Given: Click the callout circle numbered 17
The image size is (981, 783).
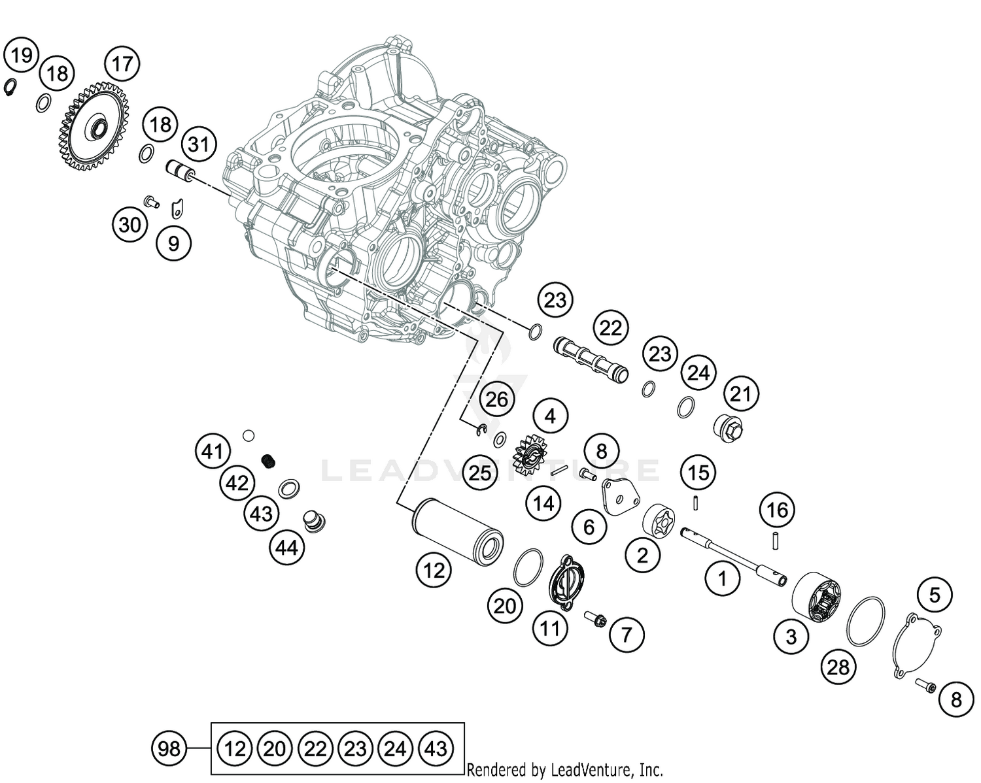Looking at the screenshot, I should pos(122,64).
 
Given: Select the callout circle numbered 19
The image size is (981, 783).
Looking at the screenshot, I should pos(22,55).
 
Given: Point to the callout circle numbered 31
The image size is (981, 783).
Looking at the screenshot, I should pos(199,144).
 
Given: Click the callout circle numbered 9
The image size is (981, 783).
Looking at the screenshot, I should pos(173,243).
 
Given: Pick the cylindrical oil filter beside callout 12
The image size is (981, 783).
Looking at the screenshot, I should pos(456,531).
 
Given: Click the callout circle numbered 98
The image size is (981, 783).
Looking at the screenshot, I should pos(169,748).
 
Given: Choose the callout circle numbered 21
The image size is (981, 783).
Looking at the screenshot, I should pos(740,394).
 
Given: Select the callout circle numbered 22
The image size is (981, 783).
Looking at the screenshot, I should pos(610,328).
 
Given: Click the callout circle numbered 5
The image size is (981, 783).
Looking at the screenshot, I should pos(934,595).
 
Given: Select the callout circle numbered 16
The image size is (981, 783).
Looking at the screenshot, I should pos(777,510).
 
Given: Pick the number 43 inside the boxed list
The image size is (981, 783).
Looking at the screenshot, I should pos(436,748).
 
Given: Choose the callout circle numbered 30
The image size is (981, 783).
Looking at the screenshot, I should pos(129,224).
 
